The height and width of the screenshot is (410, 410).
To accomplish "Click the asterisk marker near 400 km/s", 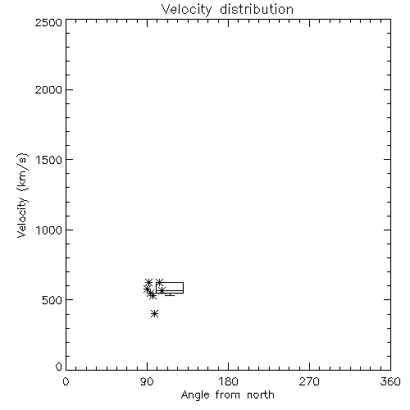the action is point(154,313).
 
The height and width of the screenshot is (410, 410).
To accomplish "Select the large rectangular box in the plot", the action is point(170,282).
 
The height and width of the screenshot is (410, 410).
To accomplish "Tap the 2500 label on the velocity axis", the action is point(48,22).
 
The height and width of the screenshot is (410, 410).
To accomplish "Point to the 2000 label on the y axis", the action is point(48,89).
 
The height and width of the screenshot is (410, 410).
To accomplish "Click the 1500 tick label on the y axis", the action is point(49,160).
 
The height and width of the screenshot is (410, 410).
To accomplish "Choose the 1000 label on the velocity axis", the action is point(49,230).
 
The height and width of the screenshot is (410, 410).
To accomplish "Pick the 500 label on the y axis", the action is point(52,300).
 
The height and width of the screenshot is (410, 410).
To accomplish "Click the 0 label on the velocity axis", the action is point(59,367).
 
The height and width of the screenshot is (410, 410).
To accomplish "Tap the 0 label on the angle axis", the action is point(66,381).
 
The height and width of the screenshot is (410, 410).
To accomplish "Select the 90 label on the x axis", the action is point(147,381).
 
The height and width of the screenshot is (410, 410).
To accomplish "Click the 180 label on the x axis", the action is point(228,381).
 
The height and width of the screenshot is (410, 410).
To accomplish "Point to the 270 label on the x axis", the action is point(309,381).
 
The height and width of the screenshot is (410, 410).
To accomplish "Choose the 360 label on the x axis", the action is point(390,381).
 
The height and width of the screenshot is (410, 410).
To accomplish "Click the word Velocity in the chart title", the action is point(187,10).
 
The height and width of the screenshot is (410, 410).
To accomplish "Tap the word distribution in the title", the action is point(257,9).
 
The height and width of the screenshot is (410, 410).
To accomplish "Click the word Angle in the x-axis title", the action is point(195,395).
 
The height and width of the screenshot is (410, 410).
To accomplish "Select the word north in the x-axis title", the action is point(261,394).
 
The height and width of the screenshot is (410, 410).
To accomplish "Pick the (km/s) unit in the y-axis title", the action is point(22,171).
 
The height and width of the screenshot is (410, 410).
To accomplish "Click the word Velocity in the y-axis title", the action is point(22,217).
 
